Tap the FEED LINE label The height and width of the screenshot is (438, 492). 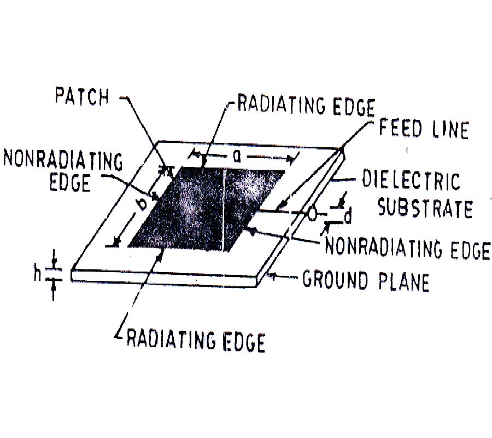424,129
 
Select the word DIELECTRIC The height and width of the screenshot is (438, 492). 411,180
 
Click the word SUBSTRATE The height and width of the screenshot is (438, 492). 425,208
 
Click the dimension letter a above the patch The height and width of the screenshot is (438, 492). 237,157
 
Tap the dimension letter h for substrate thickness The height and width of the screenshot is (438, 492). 38,274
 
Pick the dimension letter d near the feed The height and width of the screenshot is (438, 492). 348,216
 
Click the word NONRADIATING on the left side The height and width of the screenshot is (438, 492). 63,160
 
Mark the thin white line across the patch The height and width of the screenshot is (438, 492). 224,210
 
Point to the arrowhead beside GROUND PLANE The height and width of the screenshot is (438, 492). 272,276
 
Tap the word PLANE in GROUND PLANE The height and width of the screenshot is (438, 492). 404,281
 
